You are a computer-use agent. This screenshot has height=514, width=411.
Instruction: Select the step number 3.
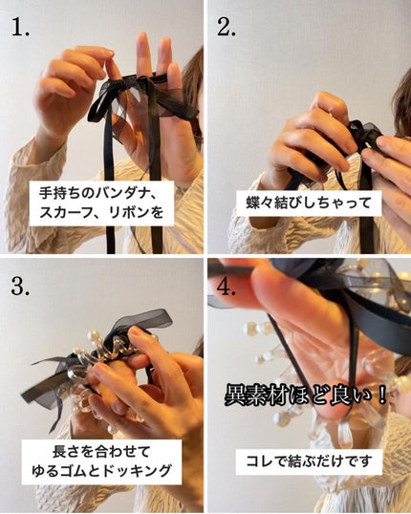tap(20, 286)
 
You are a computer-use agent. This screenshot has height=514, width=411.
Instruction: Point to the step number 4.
tap(229, 286)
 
